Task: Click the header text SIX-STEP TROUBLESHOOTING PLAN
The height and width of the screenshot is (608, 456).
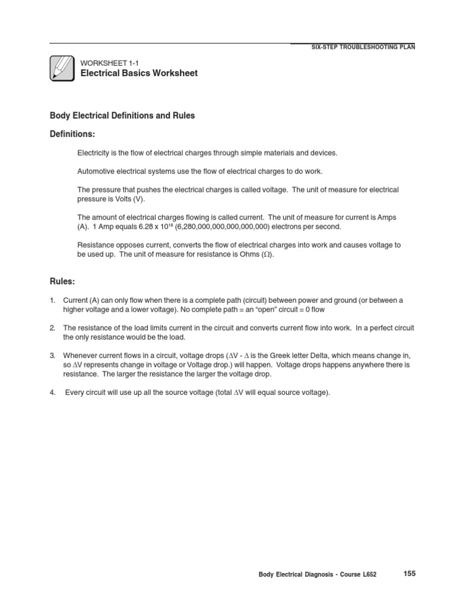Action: [363, 47]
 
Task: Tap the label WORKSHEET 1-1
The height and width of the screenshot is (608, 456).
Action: [109, 62]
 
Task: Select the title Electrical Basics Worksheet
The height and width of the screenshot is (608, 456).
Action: [139, 73]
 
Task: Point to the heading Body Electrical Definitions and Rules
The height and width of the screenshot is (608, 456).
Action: [122, 116]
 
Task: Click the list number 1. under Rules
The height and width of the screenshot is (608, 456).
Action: [52, 300]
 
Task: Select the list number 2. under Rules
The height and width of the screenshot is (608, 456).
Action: [52, 328]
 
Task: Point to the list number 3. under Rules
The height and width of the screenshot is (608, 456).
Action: [52, 356]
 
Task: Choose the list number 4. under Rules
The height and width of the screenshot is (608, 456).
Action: [52, 392]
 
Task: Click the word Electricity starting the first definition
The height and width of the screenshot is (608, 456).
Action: [93, 153]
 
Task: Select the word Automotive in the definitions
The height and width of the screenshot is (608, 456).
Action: [96, 171]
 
